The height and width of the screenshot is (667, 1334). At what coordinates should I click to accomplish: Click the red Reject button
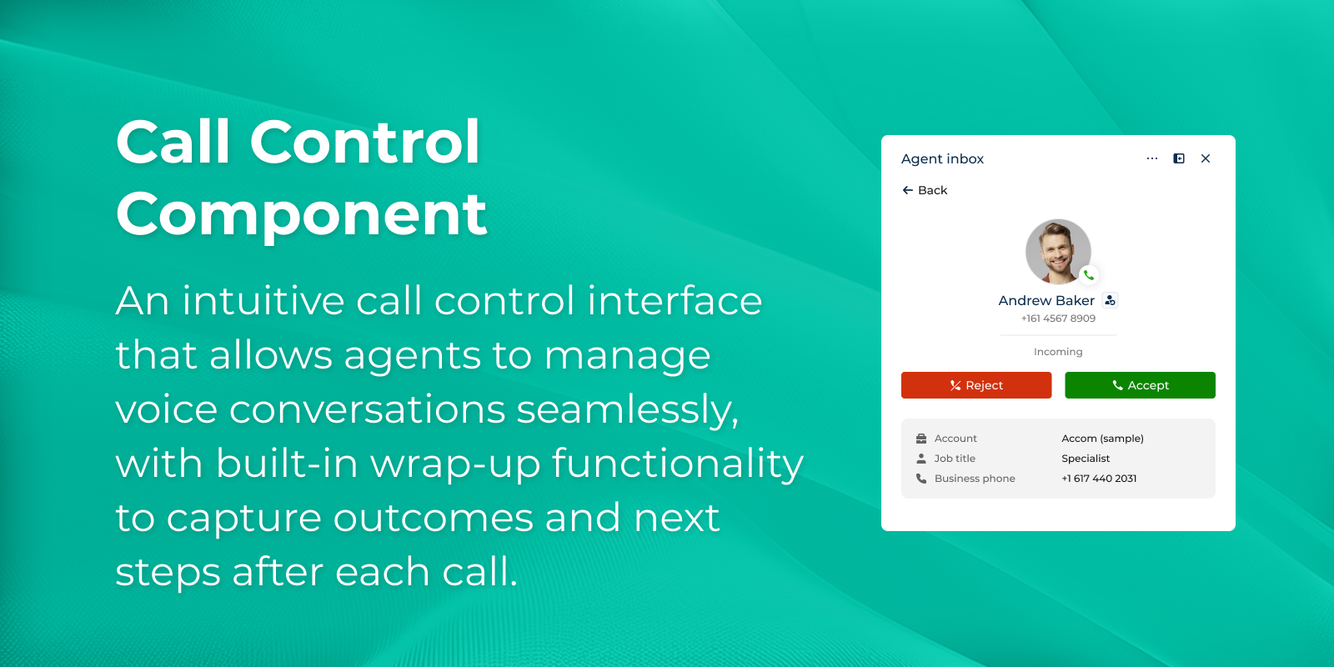pos(976,385)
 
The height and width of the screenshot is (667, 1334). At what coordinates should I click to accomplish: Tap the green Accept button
pos(1140,385)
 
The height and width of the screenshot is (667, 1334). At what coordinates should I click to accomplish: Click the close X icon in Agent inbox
pos(1206,158)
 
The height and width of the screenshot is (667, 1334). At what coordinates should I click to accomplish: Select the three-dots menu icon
pos(1152,158)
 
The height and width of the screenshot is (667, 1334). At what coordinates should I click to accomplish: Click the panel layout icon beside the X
pos(1179,158)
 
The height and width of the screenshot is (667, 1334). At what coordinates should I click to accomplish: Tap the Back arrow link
pos(925,190)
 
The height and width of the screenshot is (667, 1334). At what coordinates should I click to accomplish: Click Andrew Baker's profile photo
pos(1058,251)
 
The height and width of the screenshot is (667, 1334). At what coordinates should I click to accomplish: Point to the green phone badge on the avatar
pos(1089,275)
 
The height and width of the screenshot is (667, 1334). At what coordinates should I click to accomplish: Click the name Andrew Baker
pos(1046,301)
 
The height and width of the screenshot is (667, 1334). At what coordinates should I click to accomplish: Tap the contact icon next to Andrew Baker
pos(1110,300)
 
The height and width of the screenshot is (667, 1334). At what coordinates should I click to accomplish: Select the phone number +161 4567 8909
pos(1058,318)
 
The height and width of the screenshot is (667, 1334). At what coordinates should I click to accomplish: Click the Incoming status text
pos(1058,352)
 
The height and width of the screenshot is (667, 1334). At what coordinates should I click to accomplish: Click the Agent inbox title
pos(942,159)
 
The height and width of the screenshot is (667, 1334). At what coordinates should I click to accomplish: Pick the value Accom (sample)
pos(1102,439)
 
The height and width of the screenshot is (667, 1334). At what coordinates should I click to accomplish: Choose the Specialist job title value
pos(1086,459)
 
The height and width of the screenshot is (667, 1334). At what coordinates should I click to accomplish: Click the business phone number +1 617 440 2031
pos(1099,479)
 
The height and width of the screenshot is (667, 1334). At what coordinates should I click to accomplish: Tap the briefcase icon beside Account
pos(921,439)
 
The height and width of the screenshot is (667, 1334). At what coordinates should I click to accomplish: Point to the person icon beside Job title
pos(921,459)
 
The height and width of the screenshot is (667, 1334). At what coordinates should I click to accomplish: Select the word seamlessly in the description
pos(627,411)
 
